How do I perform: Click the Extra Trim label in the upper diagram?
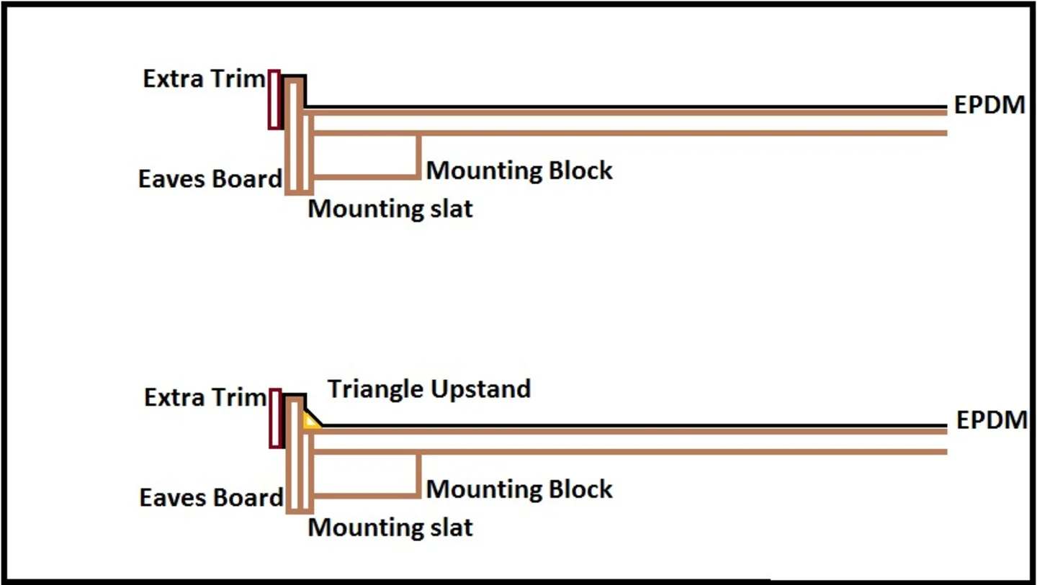point(204,78)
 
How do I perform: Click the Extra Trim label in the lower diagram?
point(205,397)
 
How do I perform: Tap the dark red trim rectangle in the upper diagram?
point(274,100)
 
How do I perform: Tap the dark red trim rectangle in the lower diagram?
point(274,418)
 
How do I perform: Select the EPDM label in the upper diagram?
point(989,105)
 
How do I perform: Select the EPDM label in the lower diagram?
point(991,420)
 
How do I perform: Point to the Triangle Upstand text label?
point(429,389)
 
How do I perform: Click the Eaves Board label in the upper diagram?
point(210,178)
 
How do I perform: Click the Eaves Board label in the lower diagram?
point(211,497)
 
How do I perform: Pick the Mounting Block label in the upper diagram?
point(519,171)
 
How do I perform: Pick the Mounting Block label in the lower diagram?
point(519,489)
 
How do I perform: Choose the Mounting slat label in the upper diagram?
point(390,209)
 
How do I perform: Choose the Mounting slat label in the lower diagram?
point(390,527)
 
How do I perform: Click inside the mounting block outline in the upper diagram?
point(366,155)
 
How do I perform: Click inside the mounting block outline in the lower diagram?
point(366,473)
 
